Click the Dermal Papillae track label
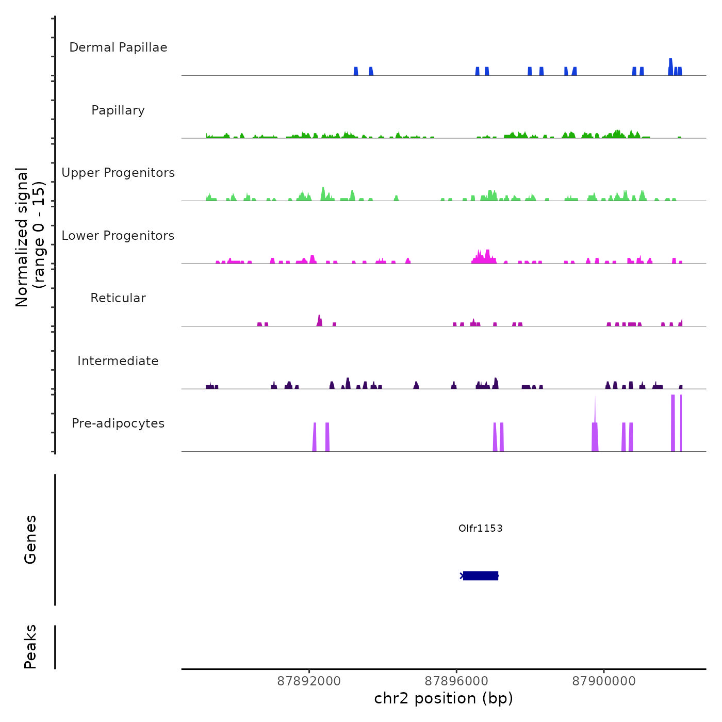click(x=118, y=47)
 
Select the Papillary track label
click(x=118, y=110)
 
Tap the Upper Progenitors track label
click(x=118, y=173)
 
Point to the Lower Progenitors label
click(x=118, y=236)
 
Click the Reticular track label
click(x=118, y=298)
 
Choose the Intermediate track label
click(x=118, y=361)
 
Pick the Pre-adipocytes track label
click(x=118, y=423)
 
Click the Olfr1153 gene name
click(x=480, y=528)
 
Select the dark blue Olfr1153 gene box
click(x=481, y=576)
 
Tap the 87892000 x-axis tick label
click(x=309, y=681)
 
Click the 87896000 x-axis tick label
click(x=456, y=681)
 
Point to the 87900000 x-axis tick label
click(x=604, y=681)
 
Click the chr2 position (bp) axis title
click(x=444, y=698)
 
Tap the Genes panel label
click(x=30, y=539)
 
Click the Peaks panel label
click(x=30, y=647)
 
